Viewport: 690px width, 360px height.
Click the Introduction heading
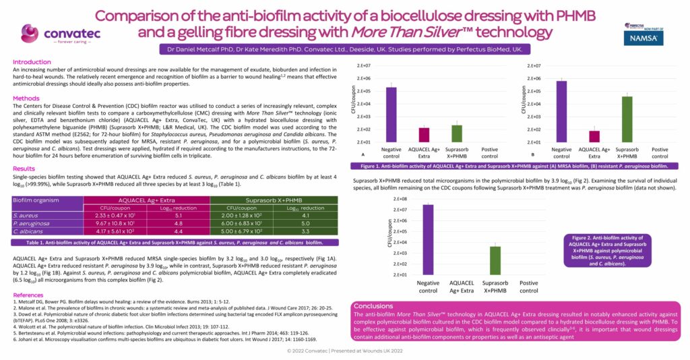point(32,61)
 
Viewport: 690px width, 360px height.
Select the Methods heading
point(26,98)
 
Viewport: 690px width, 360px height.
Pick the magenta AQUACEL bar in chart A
point(424,135)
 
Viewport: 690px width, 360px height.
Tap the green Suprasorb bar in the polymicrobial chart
point(495,261)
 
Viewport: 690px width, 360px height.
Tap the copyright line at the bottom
point(345,351)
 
